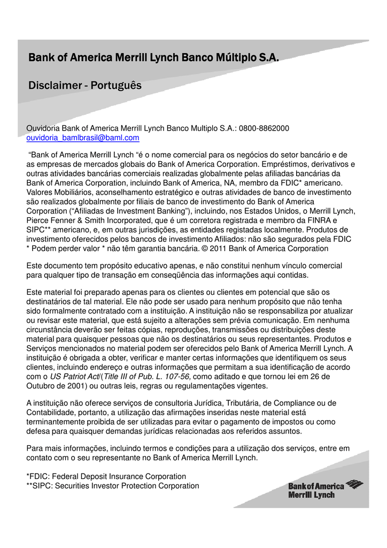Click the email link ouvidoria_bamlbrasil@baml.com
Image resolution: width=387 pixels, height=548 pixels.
tap(83, 138)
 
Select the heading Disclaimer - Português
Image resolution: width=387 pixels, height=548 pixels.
tap(85, 85)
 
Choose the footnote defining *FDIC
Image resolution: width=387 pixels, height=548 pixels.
tap(106, 476)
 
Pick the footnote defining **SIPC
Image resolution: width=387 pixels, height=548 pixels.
tap(113, 485)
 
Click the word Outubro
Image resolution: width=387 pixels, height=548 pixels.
tap(42, 386)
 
